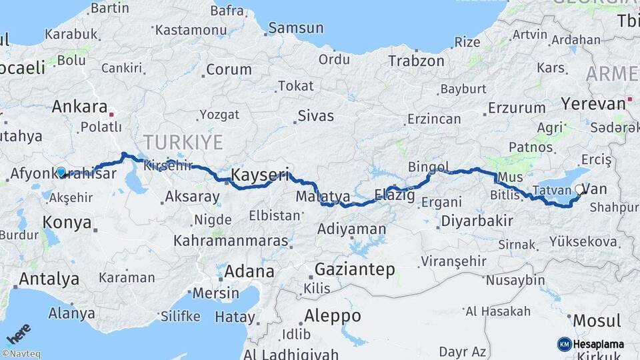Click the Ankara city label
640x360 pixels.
(x=79, y=107)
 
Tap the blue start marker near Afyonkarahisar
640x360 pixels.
(x=61, y=172)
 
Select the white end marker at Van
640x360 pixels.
(x=578, y=190)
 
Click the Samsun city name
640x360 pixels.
(x=297, y=29)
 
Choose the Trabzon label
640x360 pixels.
(x=416, y=61)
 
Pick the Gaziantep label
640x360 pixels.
(x=355, y=269)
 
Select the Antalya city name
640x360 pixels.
(x=49, y=279)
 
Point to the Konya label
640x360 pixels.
(x=67, y=223)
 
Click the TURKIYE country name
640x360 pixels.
(x=182, y=141)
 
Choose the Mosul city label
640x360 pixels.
(x=597, y=321)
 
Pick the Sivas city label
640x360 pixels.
(x=315, y=116)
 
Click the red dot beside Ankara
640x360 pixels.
(x=113, y=114)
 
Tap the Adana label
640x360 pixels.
(x=249, y=271)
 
